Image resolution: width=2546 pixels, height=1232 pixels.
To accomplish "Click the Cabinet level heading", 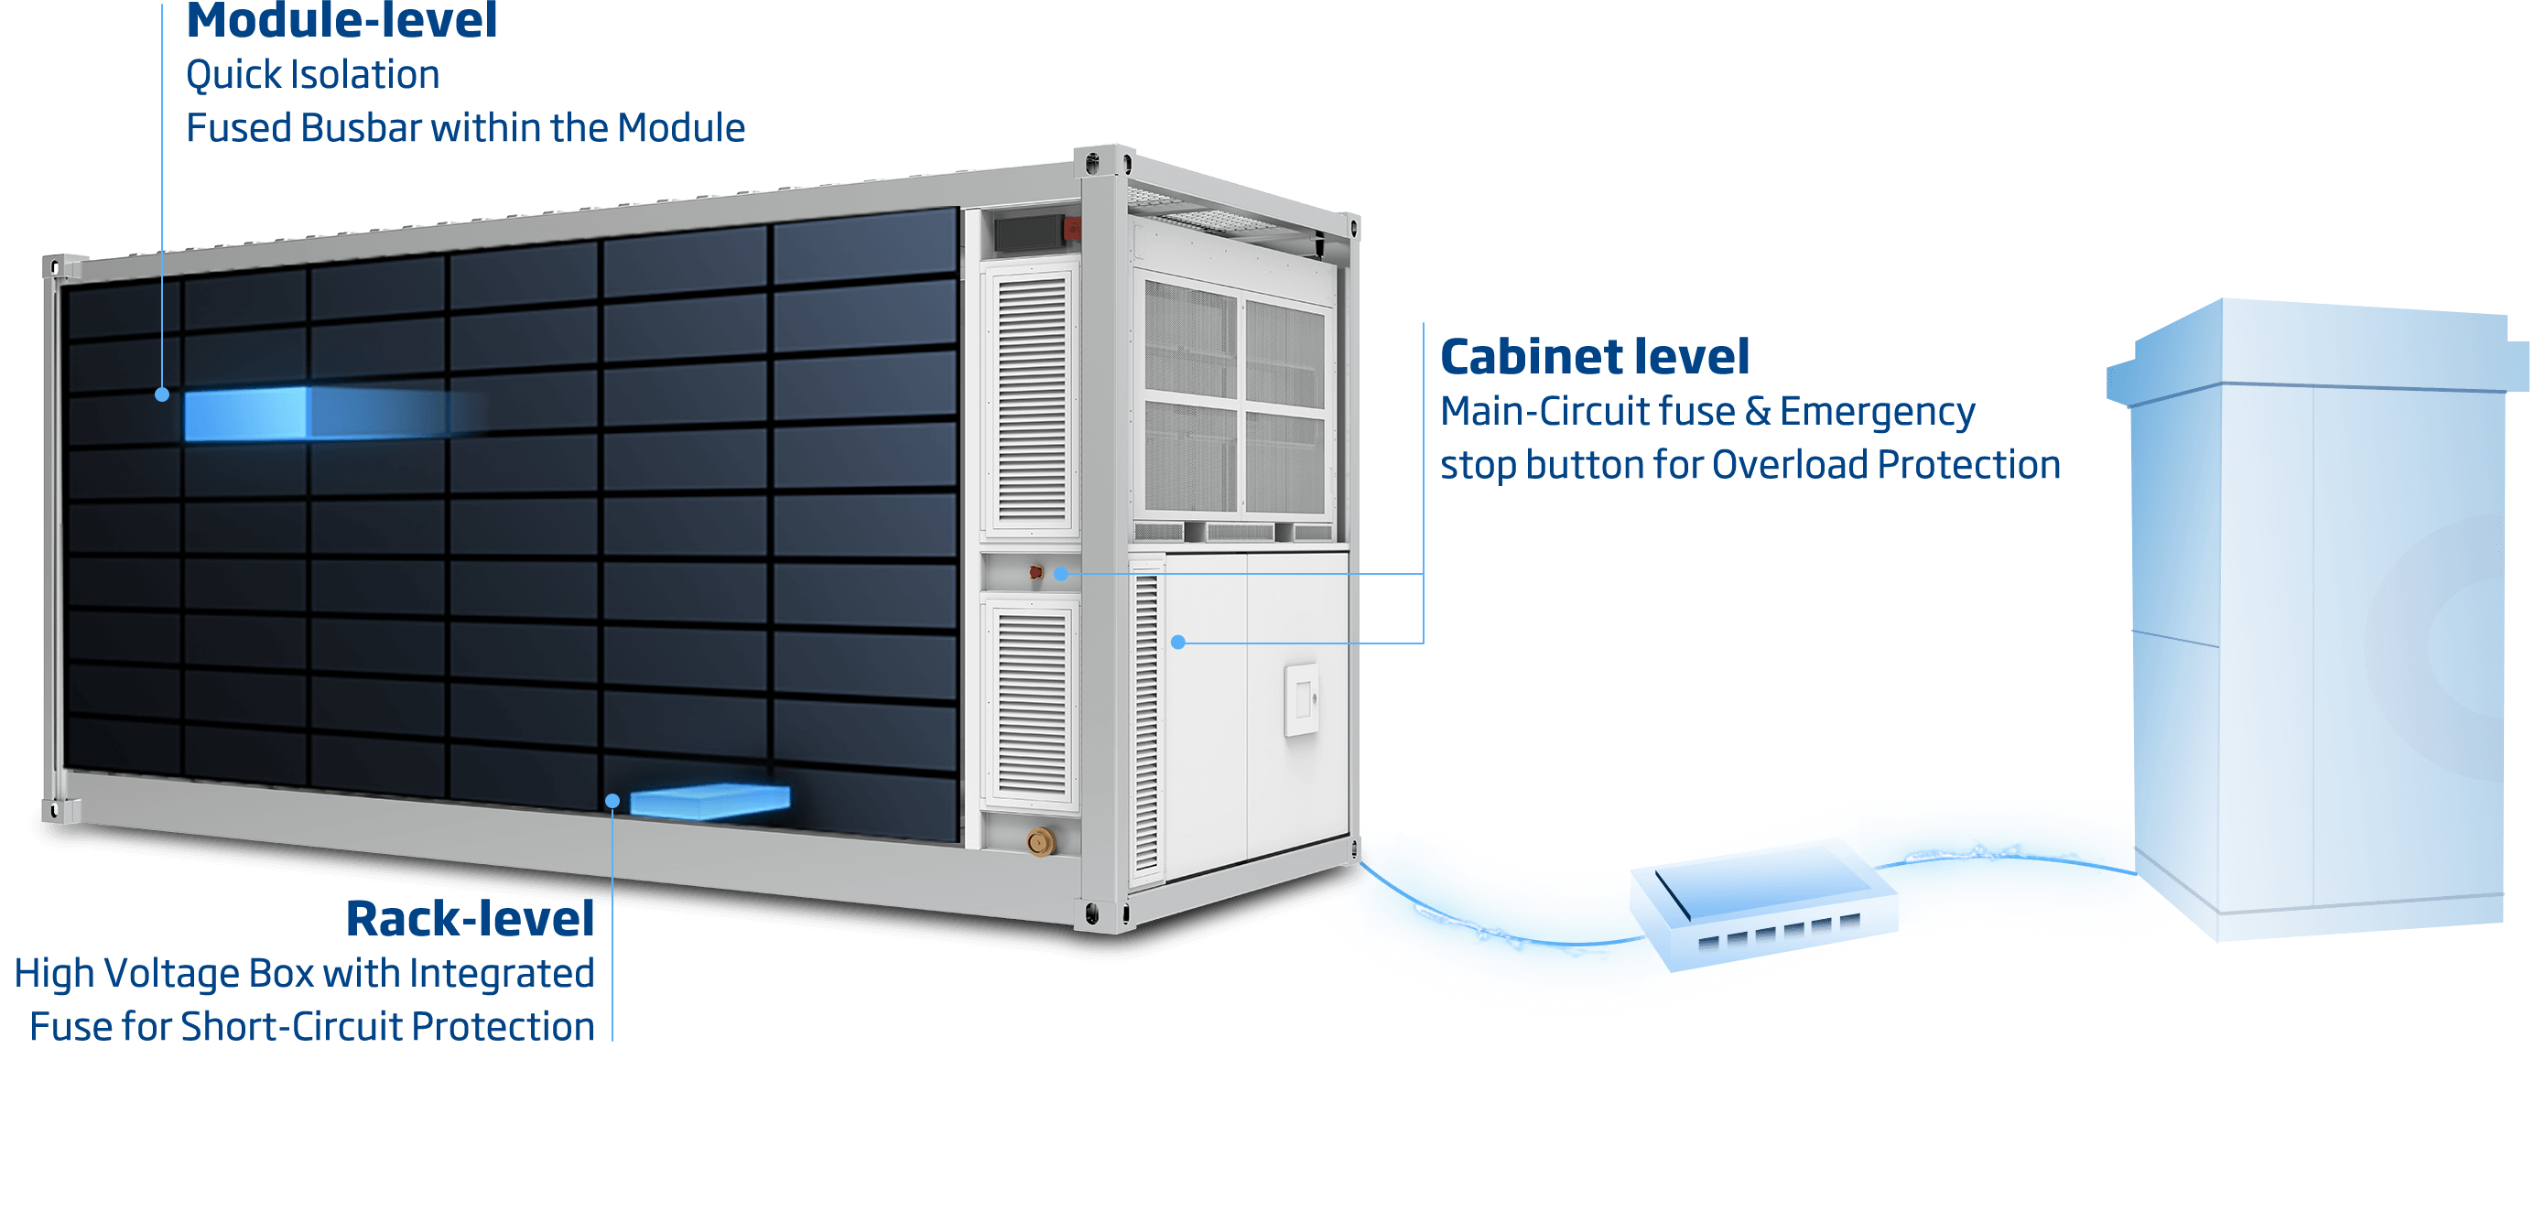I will [x=1594, y=357].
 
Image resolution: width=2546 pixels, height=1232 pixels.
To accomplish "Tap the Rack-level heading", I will [x=471, y=919].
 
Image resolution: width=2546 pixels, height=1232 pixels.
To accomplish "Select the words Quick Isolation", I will [x=312, y=75].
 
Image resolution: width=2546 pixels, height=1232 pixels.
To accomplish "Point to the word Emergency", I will [x=1877, y=412].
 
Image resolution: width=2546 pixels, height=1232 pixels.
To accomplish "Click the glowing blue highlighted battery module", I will [x=246, y=413].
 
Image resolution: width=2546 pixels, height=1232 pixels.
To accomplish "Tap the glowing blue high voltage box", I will [x=710, y=800].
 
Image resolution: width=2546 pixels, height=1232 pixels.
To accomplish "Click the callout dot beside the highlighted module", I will [x=162, y=394].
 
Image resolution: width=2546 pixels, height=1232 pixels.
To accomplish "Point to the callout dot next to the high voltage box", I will [x=612, y=800].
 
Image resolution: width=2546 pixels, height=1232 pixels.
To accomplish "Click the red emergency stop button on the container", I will [x=1035, y=572].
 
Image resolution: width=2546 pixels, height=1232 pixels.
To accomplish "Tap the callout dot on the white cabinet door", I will [x=1177, y=643].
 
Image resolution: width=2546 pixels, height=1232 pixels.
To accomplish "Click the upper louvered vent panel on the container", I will [x=1032, y=400].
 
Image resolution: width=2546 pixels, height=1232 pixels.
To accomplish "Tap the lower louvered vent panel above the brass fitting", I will [x=1032, y=701].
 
